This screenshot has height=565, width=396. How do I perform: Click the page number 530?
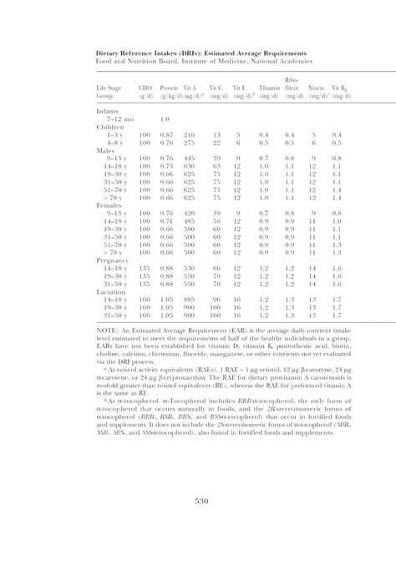201,500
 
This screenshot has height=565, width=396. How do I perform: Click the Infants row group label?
107,111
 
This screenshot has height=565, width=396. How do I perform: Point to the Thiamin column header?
269,88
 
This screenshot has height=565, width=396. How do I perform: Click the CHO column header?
145,88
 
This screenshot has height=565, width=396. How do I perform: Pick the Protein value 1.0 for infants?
165,119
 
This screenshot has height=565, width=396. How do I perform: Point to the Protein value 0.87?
166,134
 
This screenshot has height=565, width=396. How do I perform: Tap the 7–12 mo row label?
117,119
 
